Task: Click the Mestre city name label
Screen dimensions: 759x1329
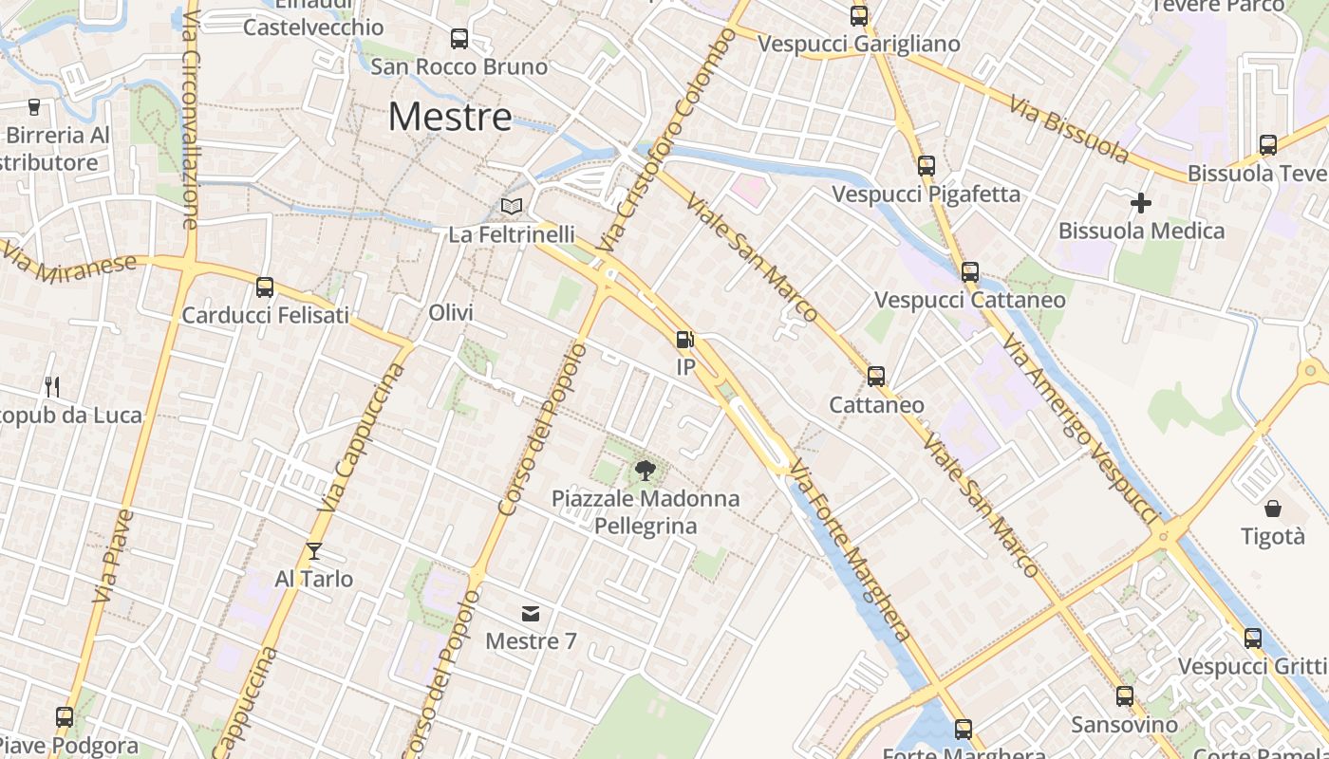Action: tap(450, 117)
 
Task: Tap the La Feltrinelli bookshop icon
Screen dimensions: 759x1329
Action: tap(512, 206)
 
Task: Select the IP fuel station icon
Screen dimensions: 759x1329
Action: tap(684, 340)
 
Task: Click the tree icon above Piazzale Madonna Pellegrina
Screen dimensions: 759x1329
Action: tap(646, 469)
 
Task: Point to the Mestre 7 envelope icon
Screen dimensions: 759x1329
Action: tap(531, 614)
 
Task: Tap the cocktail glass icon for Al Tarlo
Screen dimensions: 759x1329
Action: tap(314, 551)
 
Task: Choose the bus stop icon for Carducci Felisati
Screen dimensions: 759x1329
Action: tap(265, 287)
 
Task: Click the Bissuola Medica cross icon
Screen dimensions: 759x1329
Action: tap(1141, 202)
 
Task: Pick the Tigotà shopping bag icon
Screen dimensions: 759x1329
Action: tap(1273, 509)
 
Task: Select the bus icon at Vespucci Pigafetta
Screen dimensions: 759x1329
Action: tap(927, 166)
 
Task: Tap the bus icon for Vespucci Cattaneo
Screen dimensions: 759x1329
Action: tap(969, 272)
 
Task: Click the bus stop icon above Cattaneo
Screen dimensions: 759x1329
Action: tap(876, 377)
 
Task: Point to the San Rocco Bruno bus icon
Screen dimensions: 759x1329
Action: tap(459, 39)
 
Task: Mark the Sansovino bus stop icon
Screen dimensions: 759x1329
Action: tap(1125, 696)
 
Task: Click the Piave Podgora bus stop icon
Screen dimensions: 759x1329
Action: tap(65, 717)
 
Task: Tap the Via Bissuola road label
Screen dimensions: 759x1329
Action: tap(1069, 129)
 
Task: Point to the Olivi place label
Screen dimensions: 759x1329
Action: tap(451, 313)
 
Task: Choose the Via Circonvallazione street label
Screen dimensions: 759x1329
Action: tap(189, 119)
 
